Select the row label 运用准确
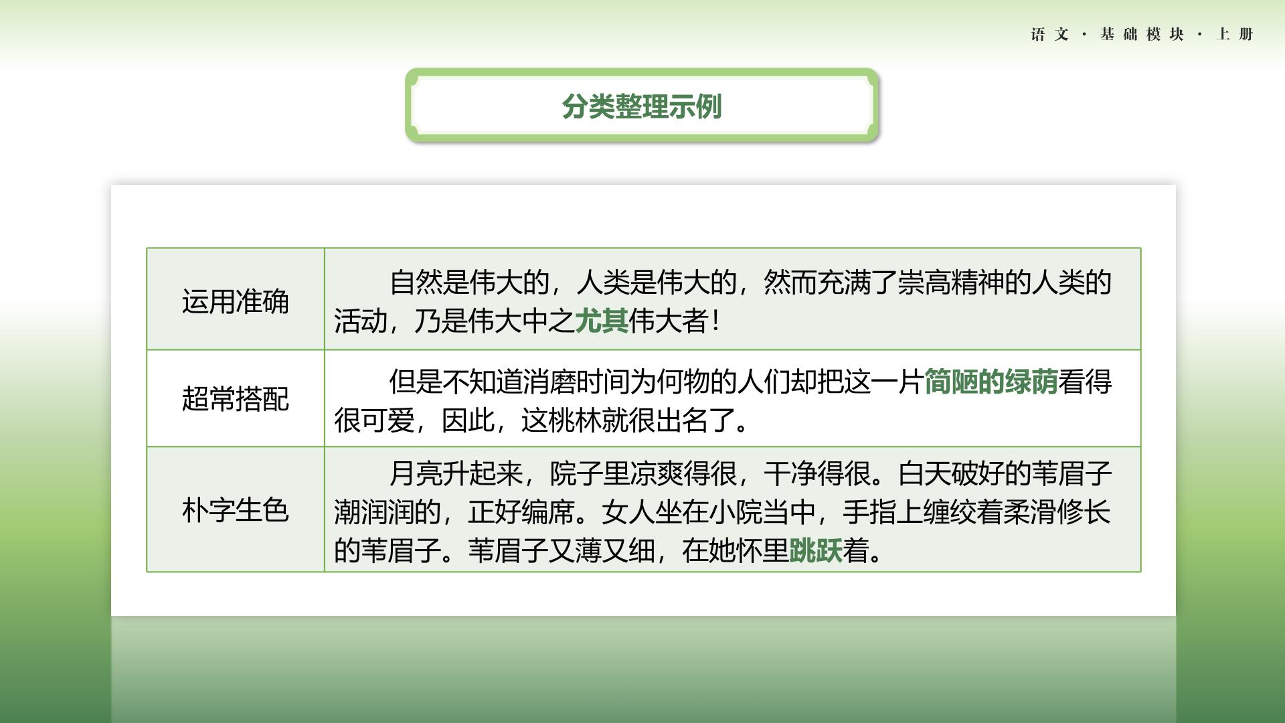pos(236,301)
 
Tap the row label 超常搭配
pos(236,399)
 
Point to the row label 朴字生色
pos(236,510)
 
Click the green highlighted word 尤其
pos(602,321)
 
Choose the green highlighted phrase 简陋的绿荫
pos(991,382)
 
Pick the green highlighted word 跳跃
pos(816,551)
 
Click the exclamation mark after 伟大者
pos(716,321)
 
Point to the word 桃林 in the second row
pos(575,420)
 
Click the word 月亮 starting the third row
pos(416,473)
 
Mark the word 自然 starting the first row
pos(416,283)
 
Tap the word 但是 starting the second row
pos(416,382)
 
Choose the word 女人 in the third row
pos(628,512)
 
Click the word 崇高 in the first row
pos(924,283)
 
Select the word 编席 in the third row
pos(548,512)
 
